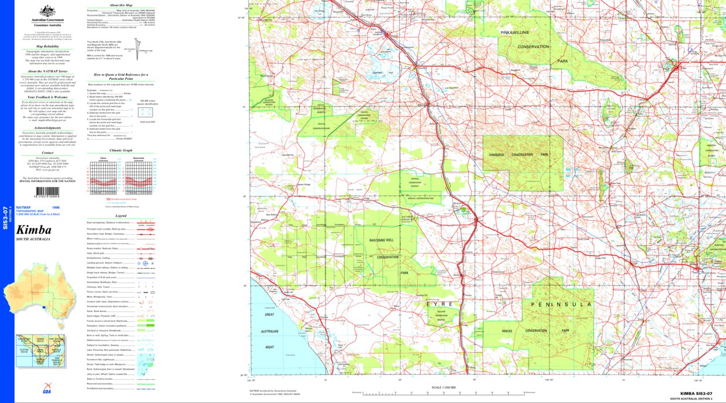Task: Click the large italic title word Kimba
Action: tap(34, 229)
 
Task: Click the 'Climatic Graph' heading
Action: tap(121, 150)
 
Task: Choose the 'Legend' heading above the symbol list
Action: tap(121, 216)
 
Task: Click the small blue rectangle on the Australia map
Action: tap(44, 305)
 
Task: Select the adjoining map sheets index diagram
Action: tap(41, 352)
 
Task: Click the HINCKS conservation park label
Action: tap(507, 331)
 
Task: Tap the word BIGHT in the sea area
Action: tap(269, 346)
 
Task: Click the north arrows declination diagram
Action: tap(137, 46)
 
